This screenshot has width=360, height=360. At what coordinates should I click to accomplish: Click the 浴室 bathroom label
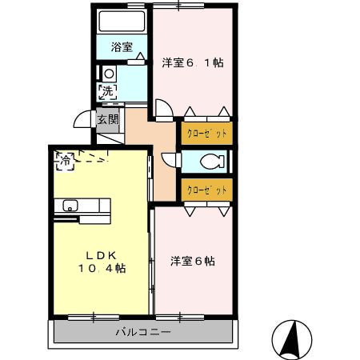coord(122,47)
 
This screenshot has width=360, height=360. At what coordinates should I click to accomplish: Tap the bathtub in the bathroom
coord(122,22)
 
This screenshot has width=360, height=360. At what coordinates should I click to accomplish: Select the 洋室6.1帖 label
coord(193,63)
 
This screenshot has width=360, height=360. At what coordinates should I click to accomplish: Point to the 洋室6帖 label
coord(193,261)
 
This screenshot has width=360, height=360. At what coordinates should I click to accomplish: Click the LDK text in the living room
coord(101,256)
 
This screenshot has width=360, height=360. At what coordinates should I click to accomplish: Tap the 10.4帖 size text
coord(102,268)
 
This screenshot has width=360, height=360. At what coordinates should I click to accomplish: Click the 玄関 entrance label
coord(108,119)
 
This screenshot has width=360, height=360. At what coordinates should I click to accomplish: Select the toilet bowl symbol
coord(212,162)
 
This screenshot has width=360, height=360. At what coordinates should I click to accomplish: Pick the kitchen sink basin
coord(70,206)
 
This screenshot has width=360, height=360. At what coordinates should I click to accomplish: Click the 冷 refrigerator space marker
coord(65,161)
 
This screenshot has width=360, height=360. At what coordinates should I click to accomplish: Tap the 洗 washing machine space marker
coord(107,92)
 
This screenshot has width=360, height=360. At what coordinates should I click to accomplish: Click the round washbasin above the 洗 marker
coord(109,74)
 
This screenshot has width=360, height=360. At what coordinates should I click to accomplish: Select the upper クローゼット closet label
coord(207,133)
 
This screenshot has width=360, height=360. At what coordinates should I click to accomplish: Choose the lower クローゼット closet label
coord(207,190)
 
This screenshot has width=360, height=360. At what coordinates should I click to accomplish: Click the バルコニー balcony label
coord(143,332)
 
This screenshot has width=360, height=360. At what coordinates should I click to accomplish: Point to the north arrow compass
coord(292,340)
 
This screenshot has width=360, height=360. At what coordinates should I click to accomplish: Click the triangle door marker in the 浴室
coord(140,56)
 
